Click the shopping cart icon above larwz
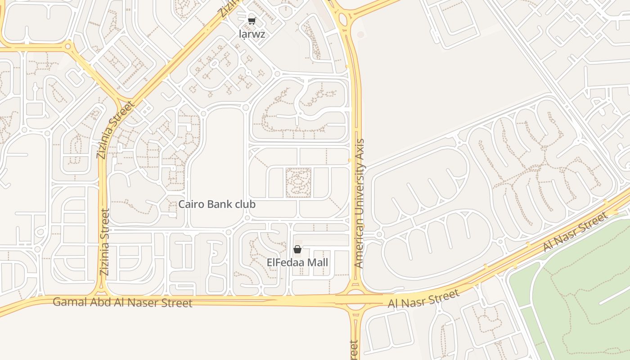(252, 20)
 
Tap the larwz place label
(252, 34)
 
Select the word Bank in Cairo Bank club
(216, 204)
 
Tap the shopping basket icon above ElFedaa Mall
(297, 249)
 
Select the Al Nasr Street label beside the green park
(575, 232)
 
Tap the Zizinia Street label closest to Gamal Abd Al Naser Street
(104, 242)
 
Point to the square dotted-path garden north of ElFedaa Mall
(298, 183)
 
